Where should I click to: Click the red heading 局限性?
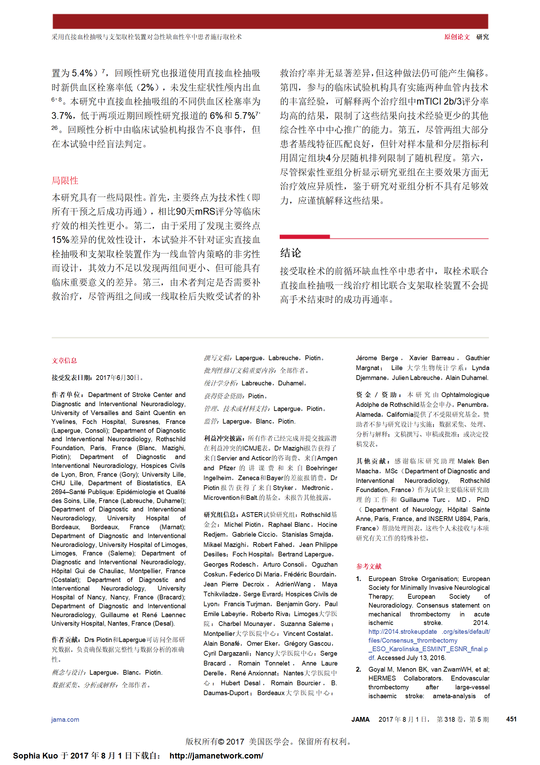[65, 180]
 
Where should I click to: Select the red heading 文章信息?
[64, 361]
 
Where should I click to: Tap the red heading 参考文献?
[369, 566]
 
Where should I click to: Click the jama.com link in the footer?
[65, 719]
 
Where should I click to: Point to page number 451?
[511, 719]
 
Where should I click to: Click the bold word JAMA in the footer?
[360, 719]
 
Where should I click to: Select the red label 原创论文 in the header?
[457, 37]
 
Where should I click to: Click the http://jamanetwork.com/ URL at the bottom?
[216, 756]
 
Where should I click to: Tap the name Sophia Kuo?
[35, 756]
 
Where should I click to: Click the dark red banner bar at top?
[270, 21]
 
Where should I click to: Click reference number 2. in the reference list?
[358, 669]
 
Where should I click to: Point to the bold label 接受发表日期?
[72, 378]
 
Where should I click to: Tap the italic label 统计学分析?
[221, 383]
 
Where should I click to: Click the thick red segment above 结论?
[305, 236]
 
